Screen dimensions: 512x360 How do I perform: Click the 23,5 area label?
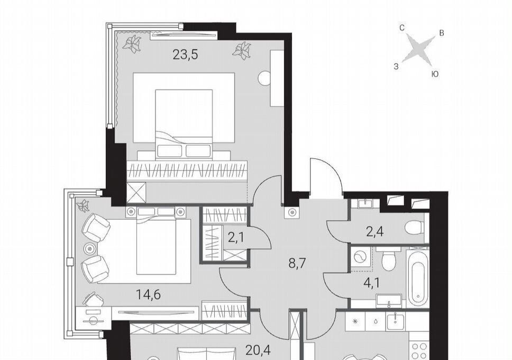click(x=185, y=55)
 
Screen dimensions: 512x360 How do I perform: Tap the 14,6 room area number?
click(x=148, y=295)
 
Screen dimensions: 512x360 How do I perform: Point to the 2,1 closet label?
click(x=236, y=238)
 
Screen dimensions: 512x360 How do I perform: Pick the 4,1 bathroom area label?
click(x=372, y=283)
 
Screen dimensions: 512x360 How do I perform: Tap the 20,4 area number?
click(x=259, y=350)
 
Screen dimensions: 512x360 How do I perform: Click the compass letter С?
click(x=402, y=28)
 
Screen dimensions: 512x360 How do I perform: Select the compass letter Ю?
click(x=435, y=75)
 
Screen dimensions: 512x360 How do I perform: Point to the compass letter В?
click(x=442, y=33)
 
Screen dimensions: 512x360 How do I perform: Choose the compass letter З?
click(x=396, y=67)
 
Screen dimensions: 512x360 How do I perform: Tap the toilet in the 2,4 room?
click(x=414, y=227)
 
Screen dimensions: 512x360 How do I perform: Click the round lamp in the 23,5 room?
click(x=264, y=78)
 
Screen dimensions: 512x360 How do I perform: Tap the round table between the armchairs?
click(x=90, y=249)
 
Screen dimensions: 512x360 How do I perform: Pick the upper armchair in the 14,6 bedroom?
click(x=96, y=228)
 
